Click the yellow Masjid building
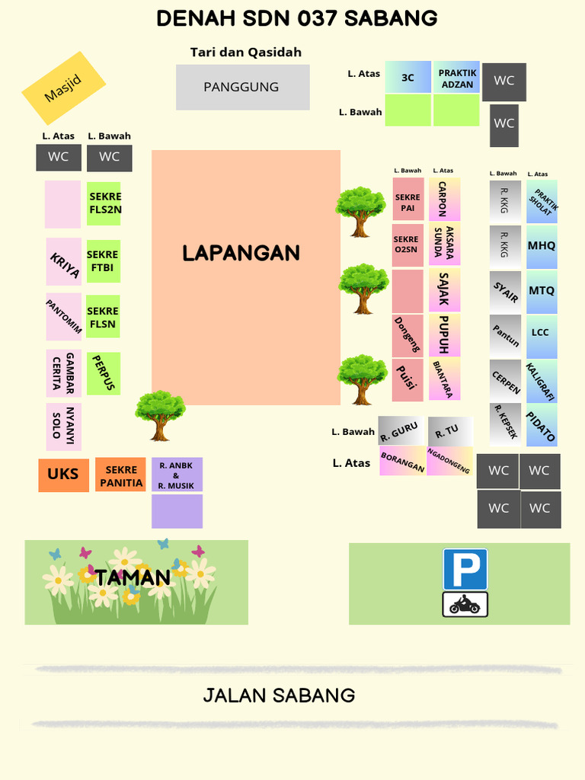coord(63,88)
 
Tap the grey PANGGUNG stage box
coord(242,87)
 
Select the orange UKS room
coord(63,475)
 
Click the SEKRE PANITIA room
coord(121,475)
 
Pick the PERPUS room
coord(104,373)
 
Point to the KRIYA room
coord(64,262)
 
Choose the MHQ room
coord(542,246)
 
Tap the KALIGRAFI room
coord(542,381)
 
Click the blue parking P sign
coord(465,569)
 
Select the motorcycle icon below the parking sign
coord(465,605)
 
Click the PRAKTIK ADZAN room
coord(457,78)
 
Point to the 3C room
coord(408,78)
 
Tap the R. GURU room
coord(401,432)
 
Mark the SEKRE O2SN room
coord(408,245)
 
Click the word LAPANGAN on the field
coord(241,253)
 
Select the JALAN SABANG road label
coord(279,695)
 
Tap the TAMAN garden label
coord(133,577)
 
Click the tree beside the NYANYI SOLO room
coord(160,415)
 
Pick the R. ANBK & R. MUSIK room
coord(177,475)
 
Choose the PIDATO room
coord(542,426)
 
